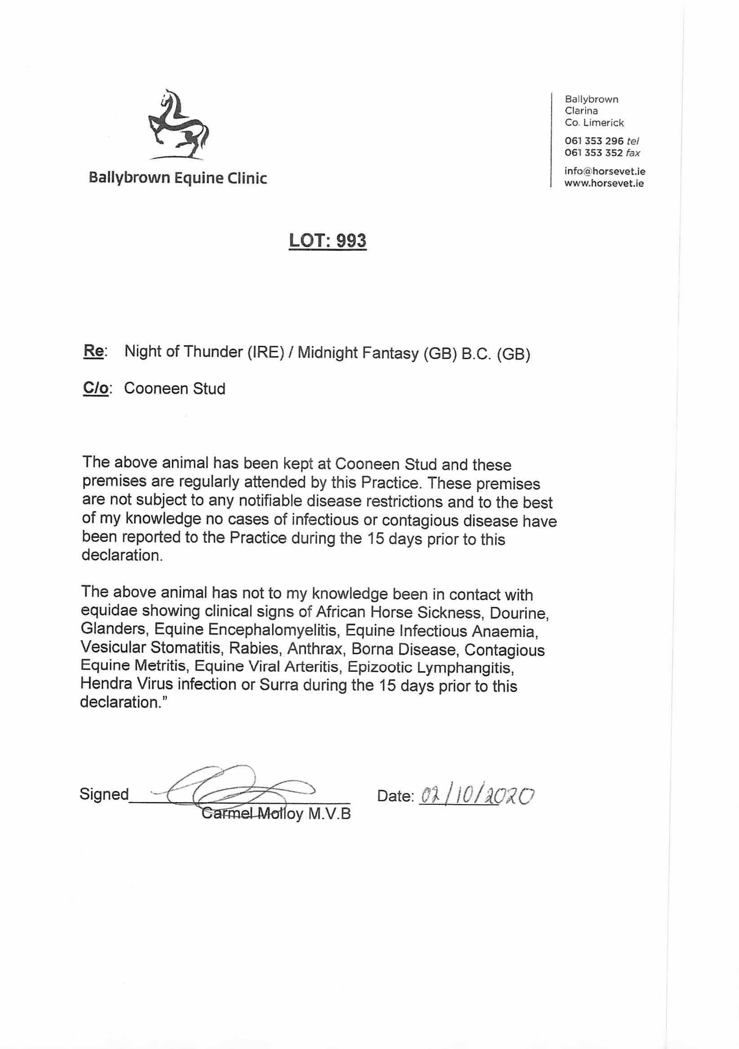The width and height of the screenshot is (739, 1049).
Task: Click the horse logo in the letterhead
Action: coord(178,125)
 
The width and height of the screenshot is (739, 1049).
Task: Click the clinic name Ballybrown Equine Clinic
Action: coord(178,178)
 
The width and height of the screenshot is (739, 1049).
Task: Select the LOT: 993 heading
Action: coord(327,240)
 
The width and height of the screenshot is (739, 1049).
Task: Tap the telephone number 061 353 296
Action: coord(594,141)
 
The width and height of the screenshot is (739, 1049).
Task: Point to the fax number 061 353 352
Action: coord(594,153)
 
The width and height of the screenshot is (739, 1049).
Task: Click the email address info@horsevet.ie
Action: coord(605,172)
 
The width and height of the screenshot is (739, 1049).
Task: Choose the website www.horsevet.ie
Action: coord(604,184)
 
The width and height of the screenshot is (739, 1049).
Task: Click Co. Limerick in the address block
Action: coord(594,122)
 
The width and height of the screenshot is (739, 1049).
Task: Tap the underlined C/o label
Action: coord(95,388)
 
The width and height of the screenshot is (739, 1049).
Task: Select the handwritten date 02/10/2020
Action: coord(476,796)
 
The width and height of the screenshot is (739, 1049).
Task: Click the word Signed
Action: coord(104,794)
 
